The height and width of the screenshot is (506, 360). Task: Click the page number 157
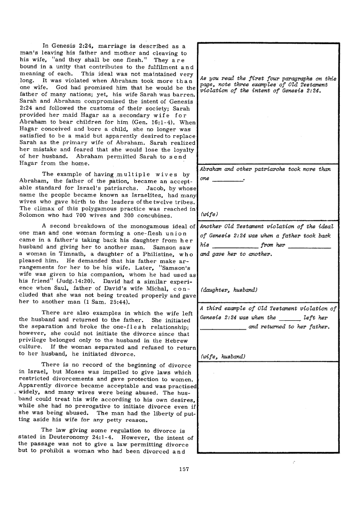click(183, 469)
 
